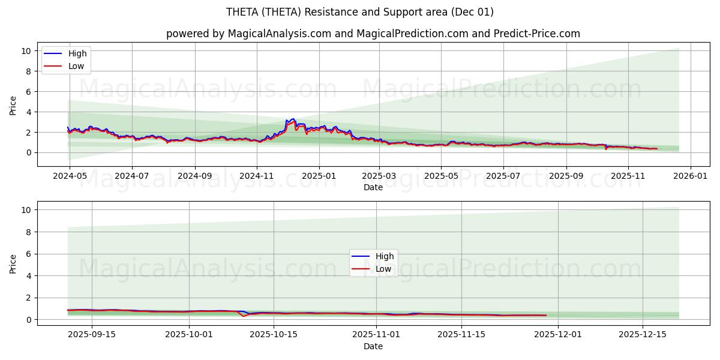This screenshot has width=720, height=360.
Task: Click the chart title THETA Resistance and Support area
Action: point(360,12)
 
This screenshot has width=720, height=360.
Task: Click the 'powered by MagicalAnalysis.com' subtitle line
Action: point(373,34)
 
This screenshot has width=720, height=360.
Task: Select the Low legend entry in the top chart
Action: point(76,66)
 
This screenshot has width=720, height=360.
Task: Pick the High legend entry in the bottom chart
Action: point(385,256)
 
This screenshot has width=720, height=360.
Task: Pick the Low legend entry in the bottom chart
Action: point(383,269)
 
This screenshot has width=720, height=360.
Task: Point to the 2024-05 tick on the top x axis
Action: point(70,177)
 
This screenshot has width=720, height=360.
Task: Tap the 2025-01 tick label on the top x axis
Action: point(319,177)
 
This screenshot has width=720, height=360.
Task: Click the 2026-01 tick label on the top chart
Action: point(691,177)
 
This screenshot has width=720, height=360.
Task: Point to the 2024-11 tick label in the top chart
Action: point(257,177)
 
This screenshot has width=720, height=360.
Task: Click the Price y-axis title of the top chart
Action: point(13,104)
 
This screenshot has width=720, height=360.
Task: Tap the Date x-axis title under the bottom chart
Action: point(373,346)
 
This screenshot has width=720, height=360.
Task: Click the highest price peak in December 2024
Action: point(293,119)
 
